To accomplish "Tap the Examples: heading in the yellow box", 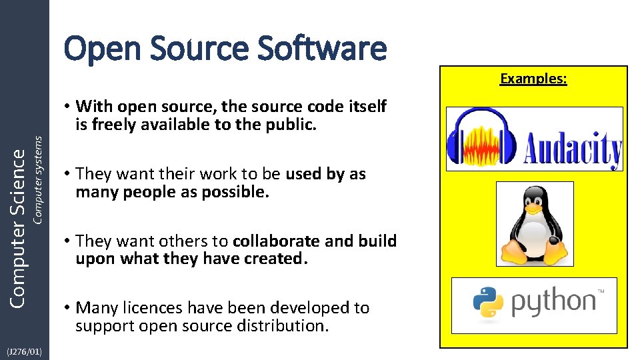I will click(x=533, y=79).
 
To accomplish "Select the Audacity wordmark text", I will click(x=573, y=149).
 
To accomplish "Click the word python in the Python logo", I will click(x=553, y=303).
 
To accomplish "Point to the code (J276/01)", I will click(x=24, y=351).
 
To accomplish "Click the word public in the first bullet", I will click(x=295, y=125).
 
